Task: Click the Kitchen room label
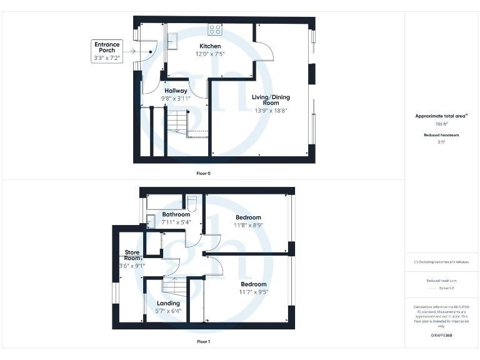tap(210, 46)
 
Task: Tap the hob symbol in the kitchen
tap(215, 28)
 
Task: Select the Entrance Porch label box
tap(107, 51)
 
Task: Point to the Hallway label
tap(176, 91)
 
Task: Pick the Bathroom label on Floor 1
tap(176, 215)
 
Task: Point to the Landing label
tap(168, 303)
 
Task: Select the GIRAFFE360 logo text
tap(441, 336)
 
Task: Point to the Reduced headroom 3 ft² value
tap(442, 142)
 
